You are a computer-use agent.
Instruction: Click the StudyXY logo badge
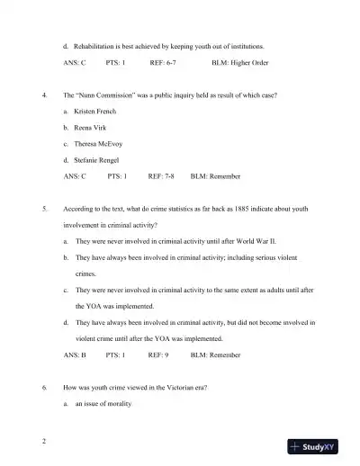pyautogui.click(x=318, y=446)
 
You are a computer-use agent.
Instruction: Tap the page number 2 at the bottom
pyautogui.click(x=43, y=442)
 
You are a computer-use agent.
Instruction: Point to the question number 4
pyautogui.click(x=45, y=94)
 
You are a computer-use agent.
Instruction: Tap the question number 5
pyautogui.click(x=45, y=209)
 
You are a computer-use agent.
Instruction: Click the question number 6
pyautogui.click(x=45, y=388)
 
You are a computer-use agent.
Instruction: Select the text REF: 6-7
pyautogui.click(x=163, y=63)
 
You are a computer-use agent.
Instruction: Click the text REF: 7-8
pyautogui.click(x=161, y=176)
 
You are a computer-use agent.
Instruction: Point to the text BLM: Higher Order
pyautogui.click(x=244, y=63)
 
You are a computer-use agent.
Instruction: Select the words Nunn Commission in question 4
pyautogui.click(x=112, y=94)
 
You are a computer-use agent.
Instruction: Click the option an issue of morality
pyautogui.click(x=103, y=404)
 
